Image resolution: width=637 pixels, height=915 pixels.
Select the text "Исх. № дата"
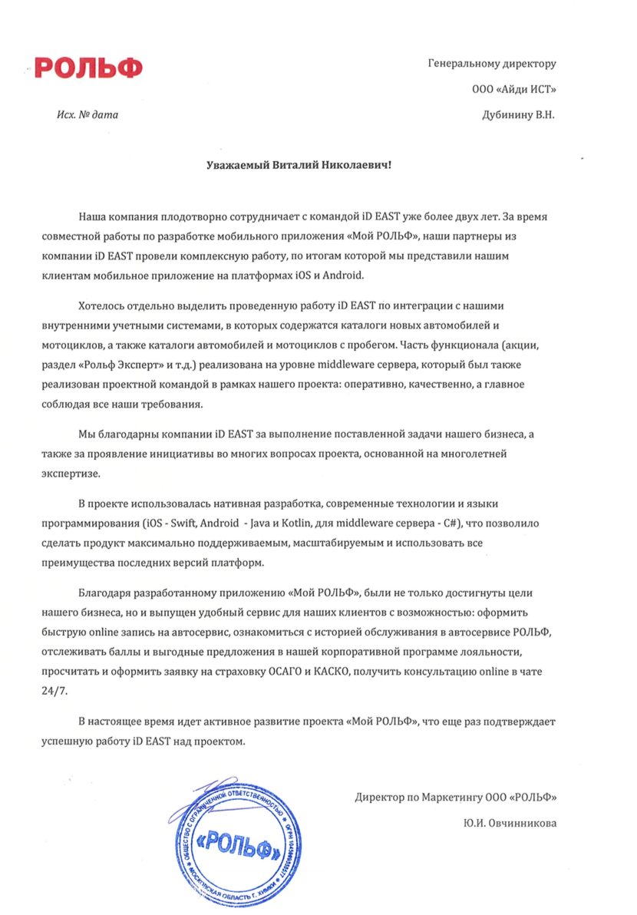coord(88,115)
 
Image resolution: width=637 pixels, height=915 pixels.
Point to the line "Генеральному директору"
coord(491,64)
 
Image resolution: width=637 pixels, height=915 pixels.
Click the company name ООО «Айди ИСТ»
coord(514,90)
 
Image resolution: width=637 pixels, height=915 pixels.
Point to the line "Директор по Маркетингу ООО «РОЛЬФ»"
coord(456,797)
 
